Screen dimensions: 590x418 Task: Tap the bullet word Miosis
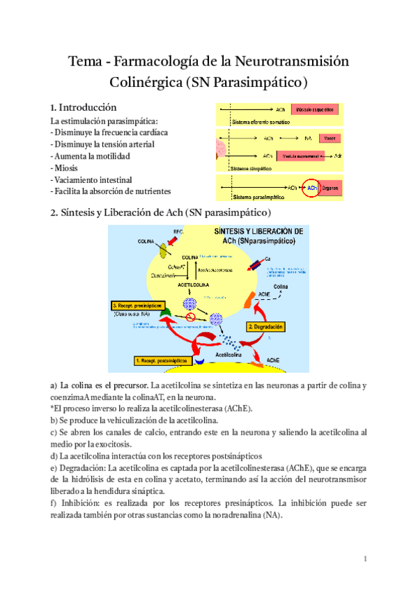click(64, 168)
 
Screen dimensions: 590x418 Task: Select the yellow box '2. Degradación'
click(265, 325)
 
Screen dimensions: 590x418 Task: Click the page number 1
click(365, 559)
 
